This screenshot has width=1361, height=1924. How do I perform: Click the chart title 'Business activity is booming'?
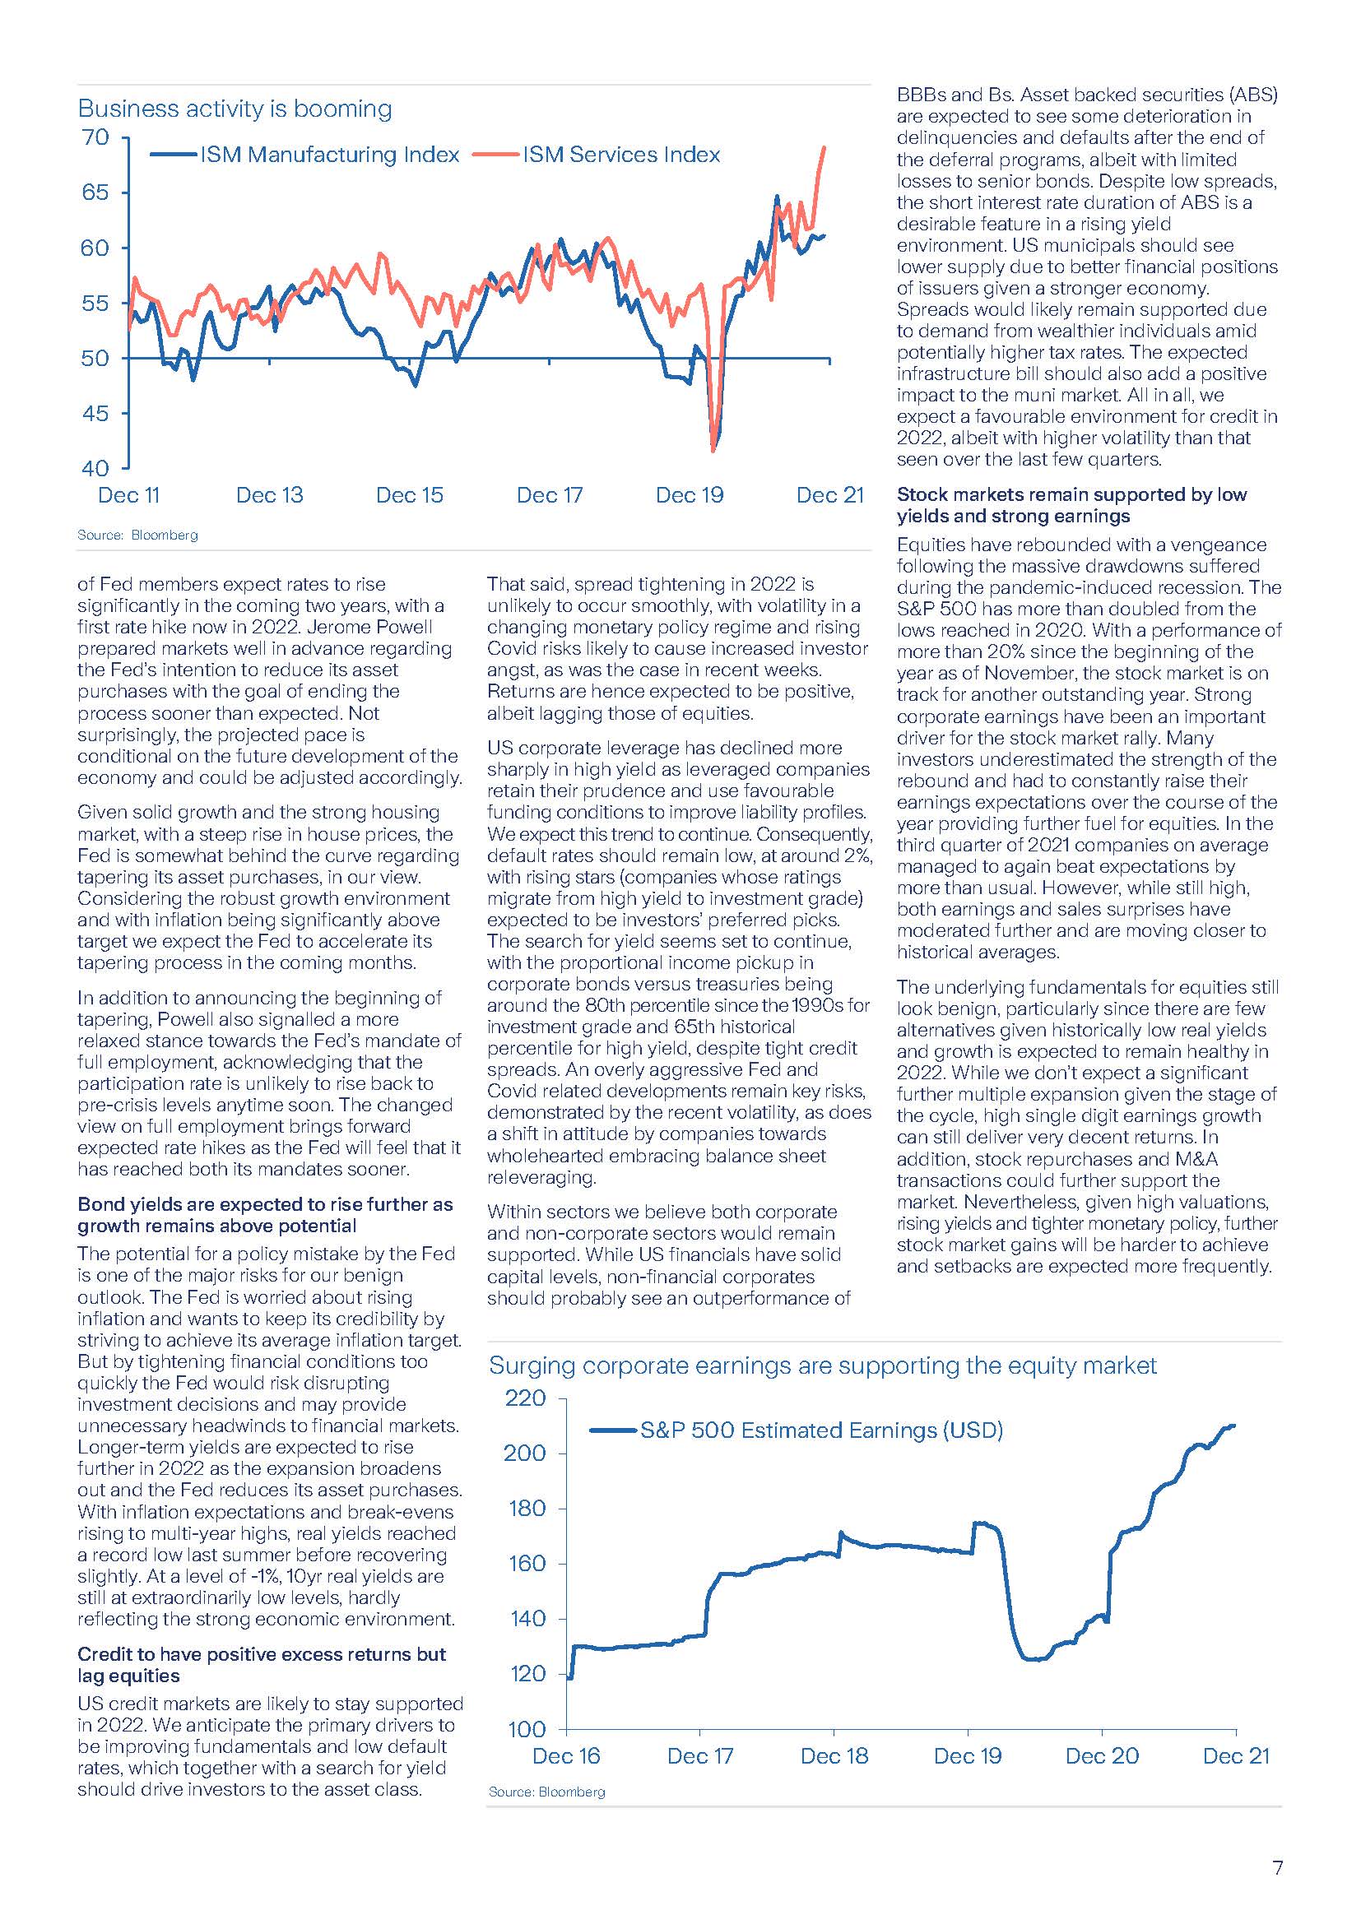tap(235, 109)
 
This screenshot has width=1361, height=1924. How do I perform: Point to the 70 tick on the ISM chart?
tap(95, 137)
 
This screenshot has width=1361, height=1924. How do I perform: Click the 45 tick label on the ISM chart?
tap(95, 413)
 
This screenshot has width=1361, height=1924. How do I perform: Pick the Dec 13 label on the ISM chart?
tap(270, 495)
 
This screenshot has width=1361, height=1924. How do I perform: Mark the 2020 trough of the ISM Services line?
tap(713, 451)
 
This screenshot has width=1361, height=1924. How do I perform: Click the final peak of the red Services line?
tap(824, 147)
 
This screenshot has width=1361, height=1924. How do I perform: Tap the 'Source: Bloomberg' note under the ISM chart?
tap(138, 535)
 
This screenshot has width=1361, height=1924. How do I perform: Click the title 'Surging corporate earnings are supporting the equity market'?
tap(822, 1366)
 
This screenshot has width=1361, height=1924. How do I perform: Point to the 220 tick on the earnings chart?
tap(525, 1398)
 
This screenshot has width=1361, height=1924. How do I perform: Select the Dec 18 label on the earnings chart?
tap(834, 1756)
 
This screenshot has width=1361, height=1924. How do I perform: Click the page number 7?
tap(1277, 1868)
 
